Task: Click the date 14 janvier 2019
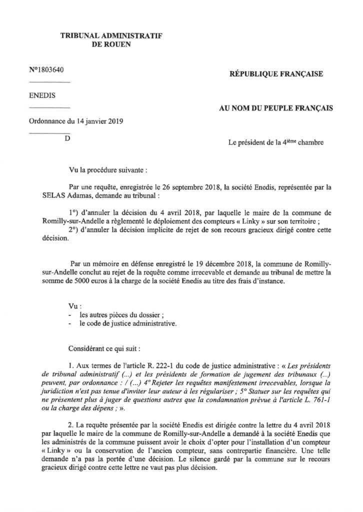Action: pyautogui.click(x=99, y=121)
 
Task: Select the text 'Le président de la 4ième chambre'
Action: pyautogui.click(x=275, y=142)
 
